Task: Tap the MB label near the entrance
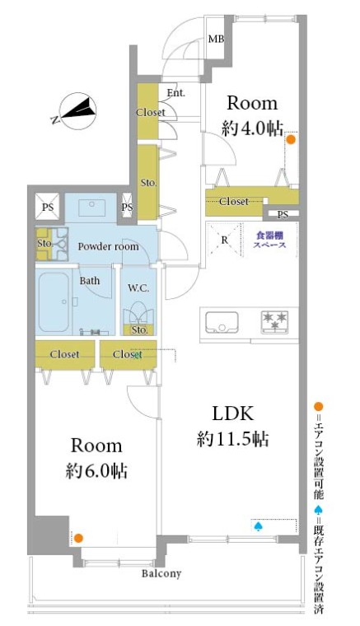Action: point(216,40)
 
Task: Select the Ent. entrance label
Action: point(175,93)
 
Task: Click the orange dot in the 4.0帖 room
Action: point(291,140)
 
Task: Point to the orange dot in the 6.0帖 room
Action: point(78,538)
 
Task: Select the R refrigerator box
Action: point(223,241)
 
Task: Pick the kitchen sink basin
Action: point(222,320)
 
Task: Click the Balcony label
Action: point(161,573)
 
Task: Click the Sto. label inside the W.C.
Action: point(140,330)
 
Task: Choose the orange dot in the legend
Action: point(320,406)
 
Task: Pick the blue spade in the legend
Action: point(320,510)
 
